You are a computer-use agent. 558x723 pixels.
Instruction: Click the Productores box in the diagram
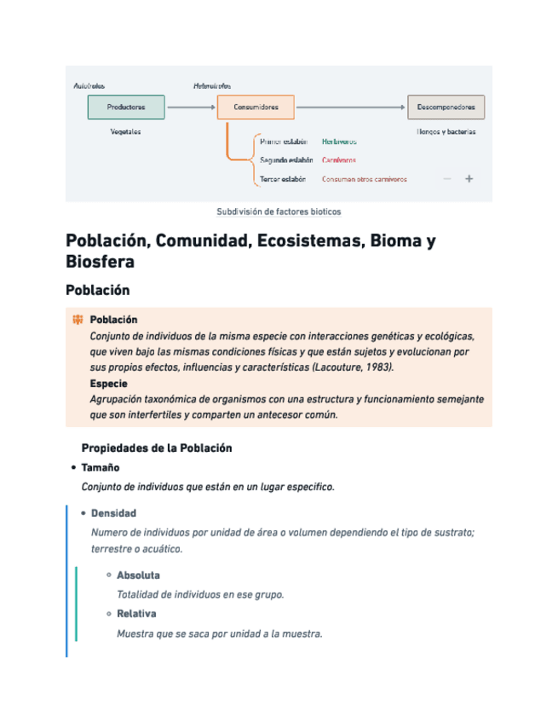click(x=126, y=107)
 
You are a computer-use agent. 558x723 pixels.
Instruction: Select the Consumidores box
click(x=255, y=107)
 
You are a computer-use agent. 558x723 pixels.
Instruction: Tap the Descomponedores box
click(x=446, y=107)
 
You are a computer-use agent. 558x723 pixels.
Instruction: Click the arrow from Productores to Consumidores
click(x=190, y=107)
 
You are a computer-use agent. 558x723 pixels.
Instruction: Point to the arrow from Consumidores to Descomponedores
click(x=350, y=107)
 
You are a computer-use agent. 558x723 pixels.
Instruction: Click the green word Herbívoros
click(x=339, y=142)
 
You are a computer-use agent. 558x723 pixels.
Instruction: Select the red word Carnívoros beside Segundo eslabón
click(x=338, y=160)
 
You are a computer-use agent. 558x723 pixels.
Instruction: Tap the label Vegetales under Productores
click(x=125, y=132)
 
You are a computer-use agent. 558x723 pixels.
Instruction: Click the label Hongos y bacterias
click(x=446, y=132)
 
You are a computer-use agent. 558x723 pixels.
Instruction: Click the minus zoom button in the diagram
click(x=447, y=179)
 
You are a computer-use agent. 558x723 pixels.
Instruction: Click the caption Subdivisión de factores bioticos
click(x=279, y=211)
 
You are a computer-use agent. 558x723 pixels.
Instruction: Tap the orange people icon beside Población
click(x=78, y=320)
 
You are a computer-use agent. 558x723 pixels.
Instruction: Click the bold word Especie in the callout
click(x=108, y=384)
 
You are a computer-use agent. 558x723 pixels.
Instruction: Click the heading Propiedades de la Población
click(x=156, y=448)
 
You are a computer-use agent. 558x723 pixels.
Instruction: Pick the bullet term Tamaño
click(x=100, y=467)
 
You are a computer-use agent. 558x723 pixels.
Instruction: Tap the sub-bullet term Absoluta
click(x=138, y=575)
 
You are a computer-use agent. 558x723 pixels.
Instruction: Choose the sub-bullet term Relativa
click(x=136, y=614)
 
